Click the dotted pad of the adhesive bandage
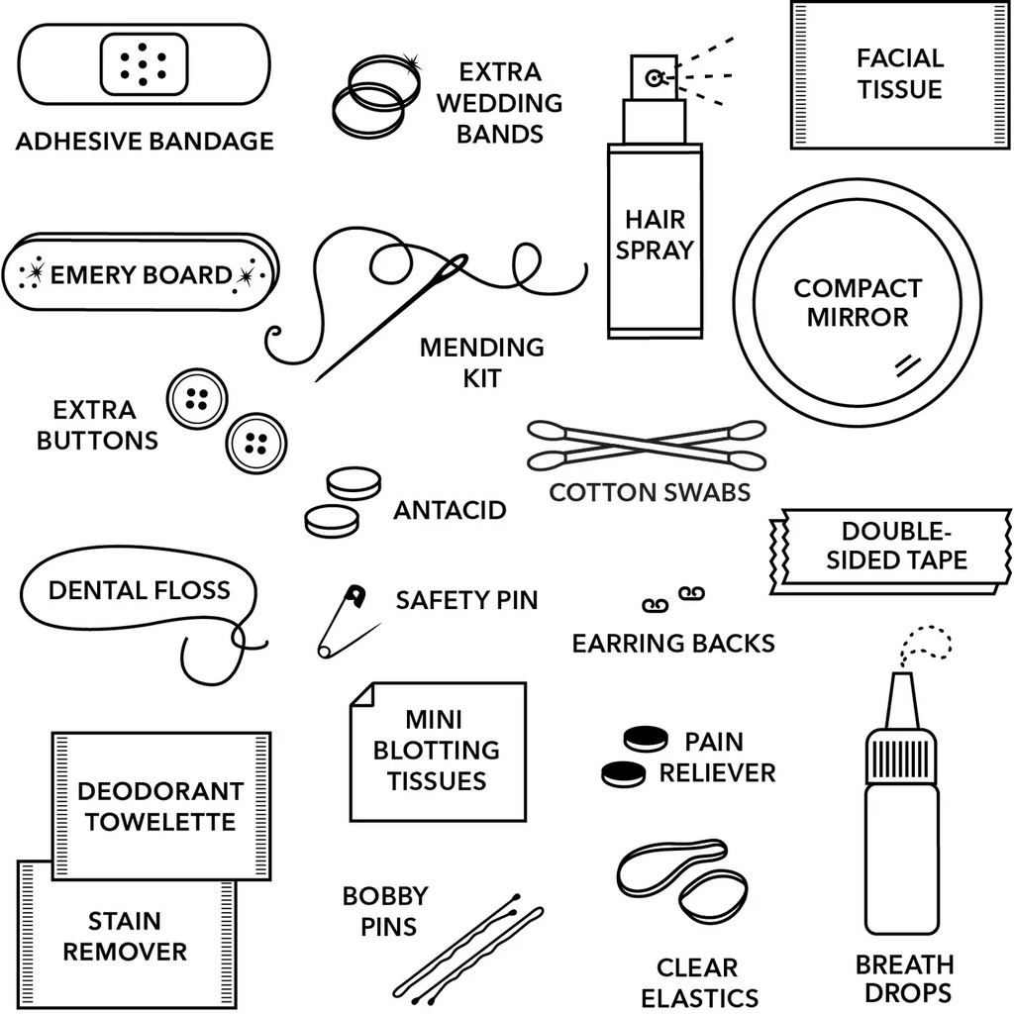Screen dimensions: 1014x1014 [145, 64]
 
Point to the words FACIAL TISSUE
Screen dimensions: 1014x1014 [899, 73]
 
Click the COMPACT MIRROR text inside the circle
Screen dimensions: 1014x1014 [857, 303]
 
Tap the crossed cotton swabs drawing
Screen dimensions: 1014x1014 [647, 445]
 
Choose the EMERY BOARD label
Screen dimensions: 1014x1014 [141, 274]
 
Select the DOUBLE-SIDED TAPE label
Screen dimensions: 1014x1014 [896, 546]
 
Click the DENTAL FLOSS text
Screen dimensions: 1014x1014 [139, 591]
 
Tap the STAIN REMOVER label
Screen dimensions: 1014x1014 [125, 937]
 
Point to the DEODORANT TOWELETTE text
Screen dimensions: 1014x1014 [160, 806]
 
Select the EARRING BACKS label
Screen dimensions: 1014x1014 [673, 644]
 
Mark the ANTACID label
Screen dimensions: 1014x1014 [450, 511]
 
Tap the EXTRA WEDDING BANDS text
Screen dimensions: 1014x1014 [499, 103]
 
